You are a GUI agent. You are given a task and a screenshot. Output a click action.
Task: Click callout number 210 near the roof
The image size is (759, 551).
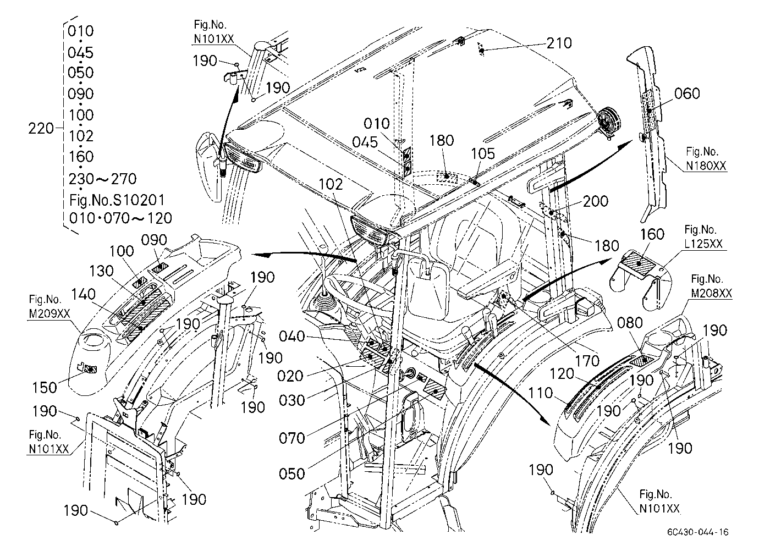coord(559,43)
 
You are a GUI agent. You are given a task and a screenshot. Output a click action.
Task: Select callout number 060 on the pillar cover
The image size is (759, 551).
coord(687,93)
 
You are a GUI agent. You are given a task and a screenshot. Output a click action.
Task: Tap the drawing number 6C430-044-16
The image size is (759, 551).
coord(697,532)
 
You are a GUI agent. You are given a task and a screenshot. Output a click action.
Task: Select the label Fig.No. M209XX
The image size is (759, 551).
coord(49,306)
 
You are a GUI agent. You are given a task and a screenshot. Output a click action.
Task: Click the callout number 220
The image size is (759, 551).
coord(41,129)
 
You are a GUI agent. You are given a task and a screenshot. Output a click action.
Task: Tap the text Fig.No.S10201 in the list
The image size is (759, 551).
coord(117,200)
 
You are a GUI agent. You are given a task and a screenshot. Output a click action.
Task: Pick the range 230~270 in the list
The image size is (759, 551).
coord(103,179)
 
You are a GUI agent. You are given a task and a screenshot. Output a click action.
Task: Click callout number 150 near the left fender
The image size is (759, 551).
coord(45,387)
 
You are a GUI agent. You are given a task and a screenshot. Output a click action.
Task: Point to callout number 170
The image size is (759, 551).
coord(587,361)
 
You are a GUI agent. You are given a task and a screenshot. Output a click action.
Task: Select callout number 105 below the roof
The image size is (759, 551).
coord(483,154)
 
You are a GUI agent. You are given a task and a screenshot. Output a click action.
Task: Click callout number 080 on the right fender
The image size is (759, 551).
coord(630,323)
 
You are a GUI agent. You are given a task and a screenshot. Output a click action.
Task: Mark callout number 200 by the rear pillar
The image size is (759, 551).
coord(596,201)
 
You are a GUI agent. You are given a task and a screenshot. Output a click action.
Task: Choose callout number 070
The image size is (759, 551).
coord(291,438)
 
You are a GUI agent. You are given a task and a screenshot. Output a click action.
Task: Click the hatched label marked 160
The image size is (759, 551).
coord(639,264)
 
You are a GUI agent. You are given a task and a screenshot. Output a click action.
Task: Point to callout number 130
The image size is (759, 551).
coord(101,271)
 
